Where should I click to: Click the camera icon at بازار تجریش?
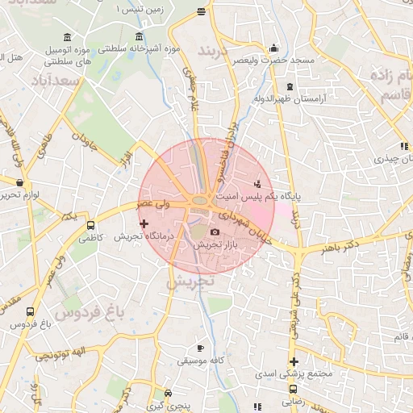(215, 232)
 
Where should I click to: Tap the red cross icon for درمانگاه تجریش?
(144, 223)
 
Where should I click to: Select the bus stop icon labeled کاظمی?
(90, 226)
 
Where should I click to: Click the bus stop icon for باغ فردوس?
(30, 311)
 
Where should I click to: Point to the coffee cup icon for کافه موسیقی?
(193, 352)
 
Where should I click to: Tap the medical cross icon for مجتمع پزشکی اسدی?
(294, 361)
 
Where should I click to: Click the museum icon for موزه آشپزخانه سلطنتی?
(140, 38)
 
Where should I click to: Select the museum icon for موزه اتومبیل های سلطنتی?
(65, 39)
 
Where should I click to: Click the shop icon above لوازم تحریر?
(19, 183)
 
